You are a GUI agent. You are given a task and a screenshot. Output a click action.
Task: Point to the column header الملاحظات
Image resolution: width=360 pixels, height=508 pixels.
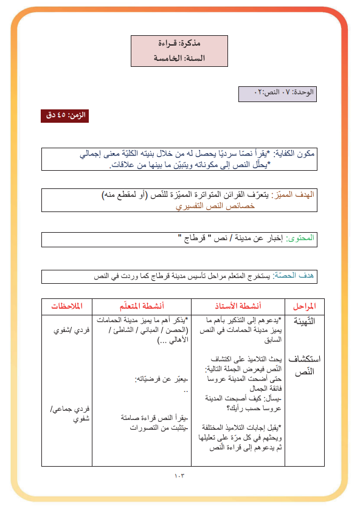(x=67, y=306)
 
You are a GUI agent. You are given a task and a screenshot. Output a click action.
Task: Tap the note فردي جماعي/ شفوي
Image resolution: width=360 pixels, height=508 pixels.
(x=67, y=414)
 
